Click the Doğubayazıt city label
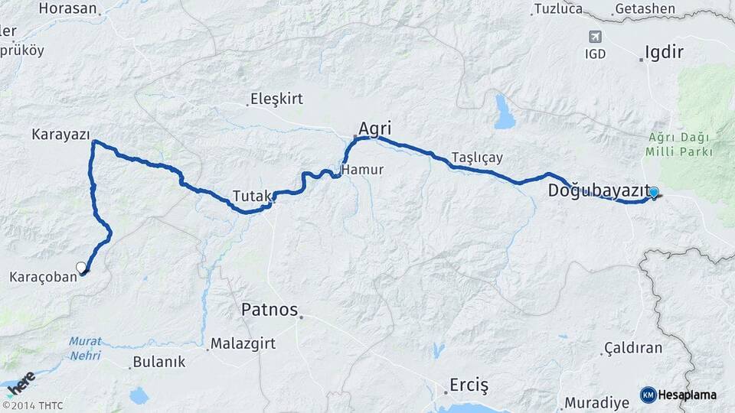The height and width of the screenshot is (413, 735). point(599,191)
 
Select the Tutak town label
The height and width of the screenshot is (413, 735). point(252,196)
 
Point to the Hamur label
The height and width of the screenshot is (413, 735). point(362,169)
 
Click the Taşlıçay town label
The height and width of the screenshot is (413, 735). point(477,157)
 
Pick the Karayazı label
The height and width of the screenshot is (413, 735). point(60,134)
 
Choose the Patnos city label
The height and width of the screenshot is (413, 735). point(269,310)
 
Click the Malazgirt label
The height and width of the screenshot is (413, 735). point(243,344)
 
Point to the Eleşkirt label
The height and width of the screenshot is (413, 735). point(276,99)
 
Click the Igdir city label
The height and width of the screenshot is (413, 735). point(664,52)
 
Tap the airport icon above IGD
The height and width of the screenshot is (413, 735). point(595,37)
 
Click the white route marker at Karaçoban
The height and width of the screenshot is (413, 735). point(81,267)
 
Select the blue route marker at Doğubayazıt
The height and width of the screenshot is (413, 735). point(653,193)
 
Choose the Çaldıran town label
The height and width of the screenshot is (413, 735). point(632,348)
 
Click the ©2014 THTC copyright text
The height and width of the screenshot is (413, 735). point(32,405)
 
